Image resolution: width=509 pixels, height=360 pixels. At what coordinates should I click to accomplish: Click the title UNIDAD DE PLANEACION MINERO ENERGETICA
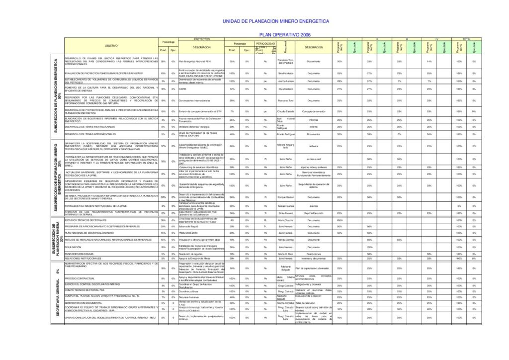(275, 22)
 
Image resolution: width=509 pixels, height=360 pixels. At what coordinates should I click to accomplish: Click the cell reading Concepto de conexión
(313, 112)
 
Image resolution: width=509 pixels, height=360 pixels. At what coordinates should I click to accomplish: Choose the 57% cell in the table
(369, 81)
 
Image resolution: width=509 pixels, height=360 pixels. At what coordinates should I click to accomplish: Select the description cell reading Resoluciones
(313, 254)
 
